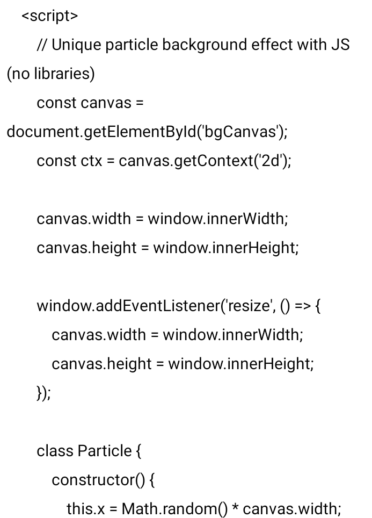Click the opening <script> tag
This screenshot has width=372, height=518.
pyautogui.click(x=49, y=16)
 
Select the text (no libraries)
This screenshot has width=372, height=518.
pyautogui.click(x=50, y=74)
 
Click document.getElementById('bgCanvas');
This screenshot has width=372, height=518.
pyautogui.click(x=147, y=132)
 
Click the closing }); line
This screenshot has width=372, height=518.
pyautogui.click(x=43, y=393)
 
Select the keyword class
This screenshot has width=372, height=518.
pyautogui.click(x=55, y=451)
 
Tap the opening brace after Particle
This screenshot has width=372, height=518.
pyautogui.click(x=139, y=451)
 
